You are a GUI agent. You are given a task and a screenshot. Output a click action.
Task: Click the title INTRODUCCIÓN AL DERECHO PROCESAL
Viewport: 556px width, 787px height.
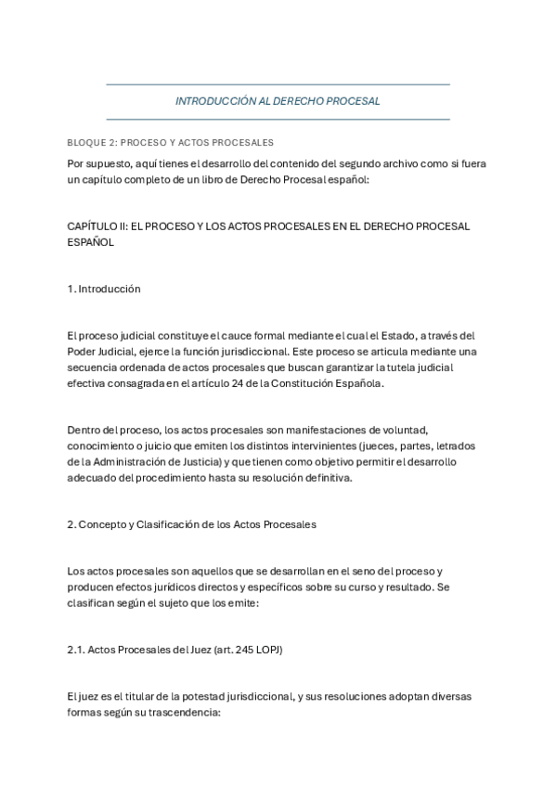click(278, 101)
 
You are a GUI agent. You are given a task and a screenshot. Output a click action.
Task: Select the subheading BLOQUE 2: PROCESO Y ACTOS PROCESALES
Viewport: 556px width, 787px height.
click(170, 143)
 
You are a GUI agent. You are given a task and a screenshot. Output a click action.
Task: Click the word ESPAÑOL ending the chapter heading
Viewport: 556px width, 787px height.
click(90, 241)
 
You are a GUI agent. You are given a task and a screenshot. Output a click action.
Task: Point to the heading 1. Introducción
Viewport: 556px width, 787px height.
click(104, 289)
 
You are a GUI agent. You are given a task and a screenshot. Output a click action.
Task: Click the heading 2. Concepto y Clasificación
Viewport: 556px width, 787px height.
click(192, 524)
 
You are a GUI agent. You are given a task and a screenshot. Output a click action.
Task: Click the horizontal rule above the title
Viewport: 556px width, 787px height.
click(278, 84)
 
